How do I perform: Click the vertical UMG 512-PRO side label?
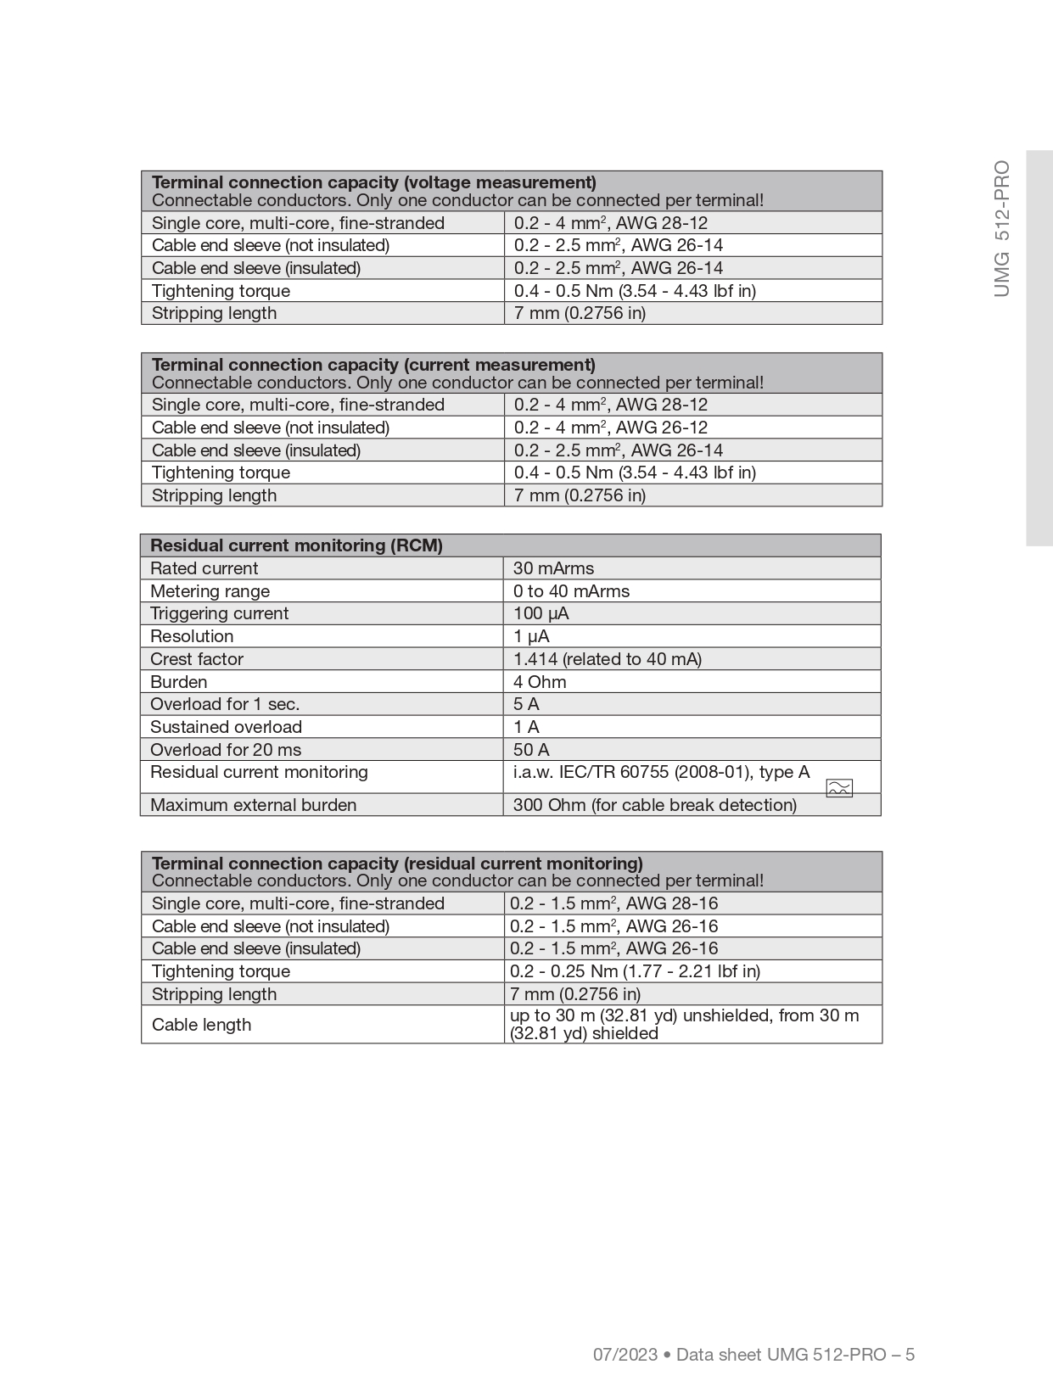coord(1002,228)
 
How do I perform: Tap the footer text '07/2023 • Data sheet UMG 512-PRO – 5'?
coord(753,1355)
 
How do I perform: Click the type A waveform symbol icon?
coord(838,788)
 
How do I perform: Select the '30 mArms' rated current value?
coord(553,568)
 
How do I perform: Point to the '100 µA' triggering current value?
coord(541,613)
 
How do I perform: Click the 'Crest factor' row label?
coord(197,659)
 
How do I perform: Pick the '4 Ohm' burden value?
coord(540,682)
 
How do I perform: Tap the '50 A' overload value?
coord(531,750)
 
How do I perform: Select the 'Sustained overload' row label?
coord(226,727)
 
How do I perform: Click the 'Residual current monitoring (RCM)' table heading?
coord(296,545)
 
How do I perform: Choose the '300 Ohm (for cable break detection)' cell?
coord(654,805)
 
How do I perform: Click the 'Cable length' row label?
coord(201,1025)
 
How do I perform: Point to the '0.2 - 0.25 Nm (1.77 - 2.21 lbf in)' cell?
coord(635,971)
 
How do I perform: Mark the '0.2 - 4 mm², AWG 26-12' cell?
coord(610,428)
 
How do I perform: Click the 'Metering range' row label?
coord(210,591)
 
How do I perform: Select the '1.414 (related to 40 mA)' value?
coord(607,659)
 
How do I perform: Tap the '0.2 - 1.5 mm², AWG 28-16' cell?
coord(613,903)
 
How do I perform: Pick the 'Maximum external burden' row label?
coord(253,805)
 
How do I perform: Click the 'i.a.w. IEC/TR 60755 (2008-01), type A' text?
coord(661,772)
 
